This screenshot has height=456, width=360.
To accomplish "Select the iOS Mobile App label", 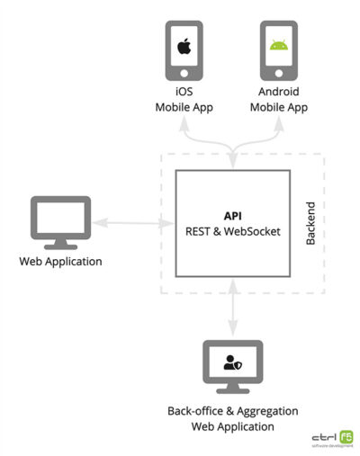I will (x=184, y=100).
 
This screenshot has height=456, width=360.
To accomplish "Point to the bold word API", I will (x=234, y=217).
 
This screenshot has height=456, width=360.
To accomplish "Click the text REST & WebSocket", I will (x=234, y=231).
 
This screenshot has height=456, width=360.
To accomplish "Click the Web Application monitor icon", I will (x=60, y=219).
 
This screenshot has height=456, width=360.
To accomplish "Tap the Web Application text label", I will (x=60, y=262).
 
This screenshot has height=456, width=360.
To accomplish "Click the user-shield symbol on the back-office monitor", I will (x=233, y=362).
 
